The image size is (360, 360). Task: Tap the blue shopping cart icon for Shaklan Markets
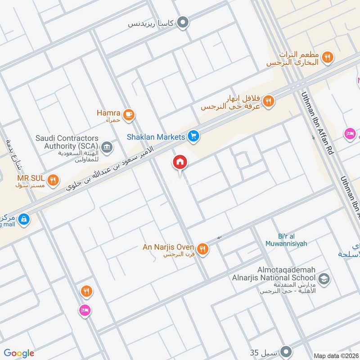193,136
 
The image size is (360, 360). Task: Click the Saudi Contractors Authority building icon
107,146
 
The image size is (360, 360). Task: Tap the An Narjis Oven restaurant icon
202,248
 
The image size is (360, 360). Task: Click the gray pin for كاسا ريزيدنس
182,22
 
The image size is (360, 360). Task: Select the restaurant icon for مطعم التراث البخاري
328,57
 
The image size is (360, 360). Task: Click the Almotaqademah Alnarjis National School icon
324,279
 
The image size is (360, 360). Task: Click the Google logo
19,353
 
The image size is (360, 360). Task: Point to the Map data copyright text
337,355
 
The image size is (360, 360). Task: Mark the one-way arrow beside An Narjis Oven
220,237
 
